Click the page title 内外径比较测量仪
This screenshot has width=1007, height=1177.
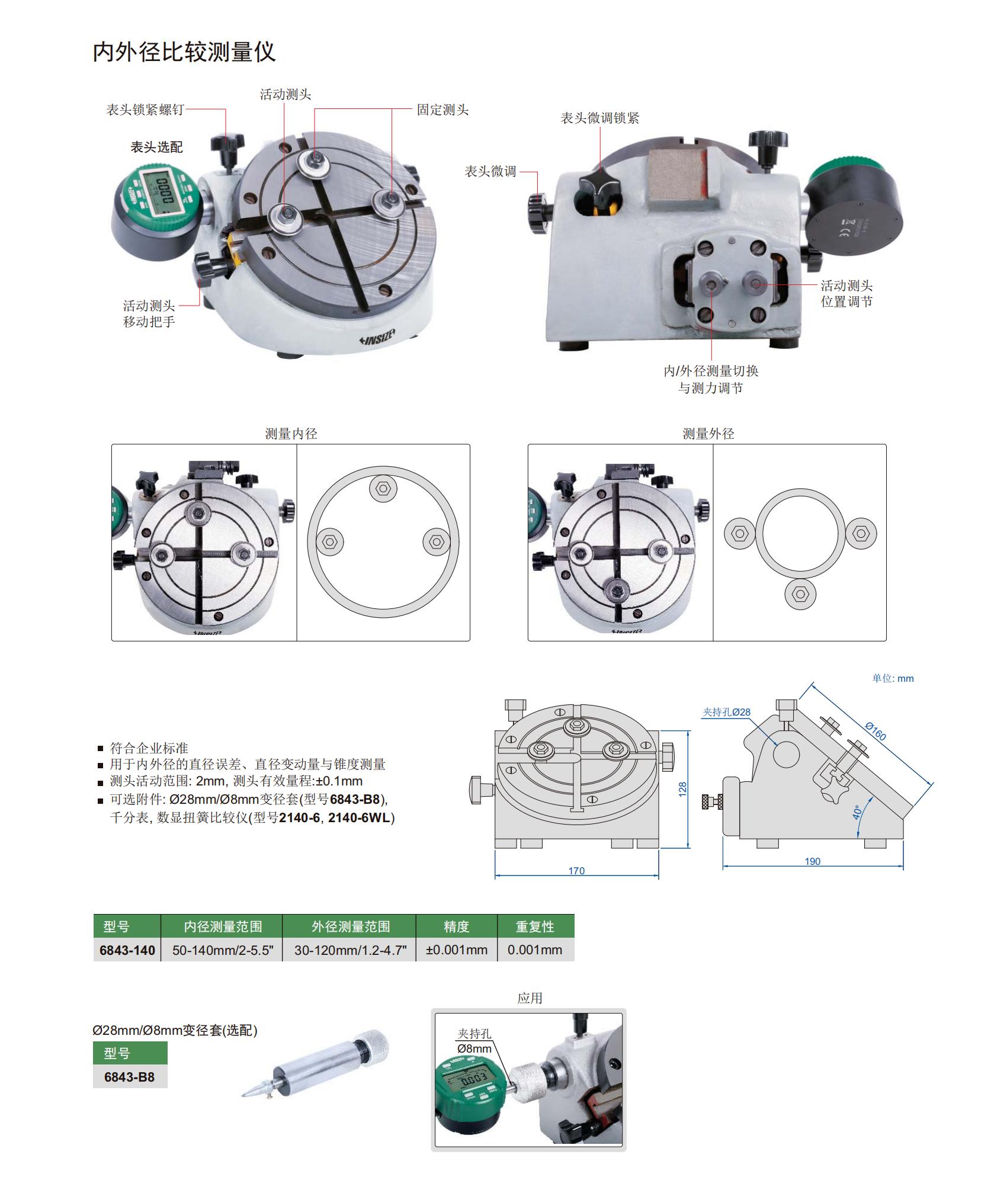click(184, 52)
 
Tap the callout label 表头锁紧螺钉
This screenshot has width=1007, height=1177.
click(146, 110)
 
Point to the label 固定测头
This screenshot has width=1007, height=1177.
click(442, 110)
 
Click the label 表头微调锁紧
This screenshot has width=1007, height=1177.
click(600, 118)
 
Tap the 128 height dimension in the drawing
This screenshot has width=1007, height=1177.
click(683, 790)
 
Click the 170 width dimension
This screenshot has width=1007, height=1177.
click(576, 871)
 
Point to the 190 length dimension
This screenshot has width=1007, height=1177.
click(813, 861)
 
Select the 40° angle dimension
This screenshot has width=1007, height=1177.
click(857, 812)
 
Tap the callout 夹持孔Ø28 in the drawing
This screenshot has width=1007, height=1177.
click(726, 712)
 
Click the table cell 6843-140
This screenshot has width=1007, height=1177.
click(127, 950)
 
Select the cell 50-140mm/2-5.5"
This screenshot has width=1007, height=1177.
click(223, 950)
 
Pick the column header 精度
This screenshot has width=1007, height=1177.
click(456, 926)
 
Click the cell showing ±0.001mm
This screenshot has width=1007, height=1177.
click(457, 950)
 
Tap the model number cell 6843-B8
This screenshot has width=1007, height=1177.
click(130, 1077)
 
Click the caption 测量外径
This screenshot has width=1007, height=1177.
click(708, 434)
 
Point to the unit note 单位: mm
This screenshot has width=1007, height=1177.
click(893, 678)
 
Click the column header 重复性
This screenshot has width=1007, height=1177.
click(535, 926)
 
